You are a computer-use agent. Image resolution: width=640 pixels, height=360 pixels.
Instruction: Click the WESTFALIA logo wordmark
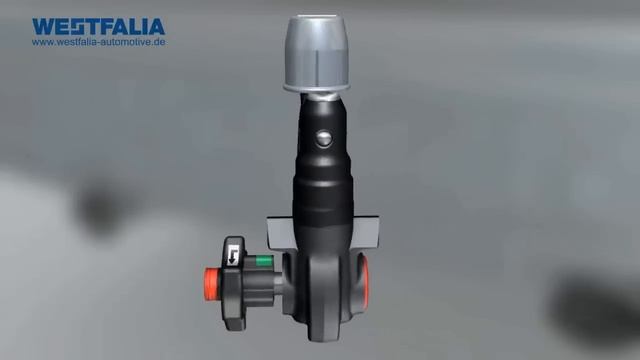tap(99, 27)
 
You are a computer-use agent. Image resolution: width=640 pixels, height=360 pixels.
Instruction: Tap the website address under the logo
tap(99, 42)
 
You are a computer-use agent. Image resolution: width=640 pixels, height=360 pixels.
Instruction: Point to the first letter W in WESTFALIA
tap(43, 27)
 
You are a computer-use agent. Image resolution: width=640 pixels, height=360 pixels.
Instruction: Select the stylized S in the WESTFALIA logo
tap(80, 27)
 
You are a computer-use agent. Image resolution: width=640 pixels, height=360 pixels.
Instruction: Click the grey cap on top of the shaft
tap(316, 53)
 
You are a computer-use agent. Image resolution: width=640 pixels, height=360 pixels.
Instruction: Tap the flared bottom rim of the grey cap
tap(316, 87)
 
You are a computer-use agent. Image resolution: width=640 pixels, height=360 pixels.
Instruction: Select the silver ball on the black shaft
tap(324, 138)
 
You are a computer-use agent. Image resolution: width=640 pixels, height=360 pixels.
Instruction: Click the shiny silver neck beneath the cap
tap(322, 97)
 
